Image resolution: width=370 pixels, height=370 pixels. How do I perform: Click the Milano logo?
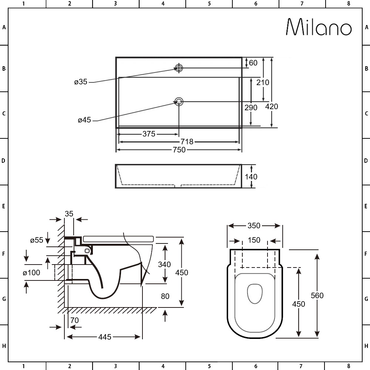319,27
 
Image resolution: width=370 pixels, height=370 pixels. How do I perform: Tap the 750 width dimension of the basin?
179,150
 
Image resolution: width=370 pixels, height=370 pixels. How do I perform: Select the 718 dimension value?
187,142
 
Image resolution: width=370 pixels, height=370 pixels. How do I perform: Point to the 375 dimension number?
149,134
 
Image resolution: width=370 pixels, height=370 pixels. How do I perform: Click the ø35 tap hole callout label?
81,82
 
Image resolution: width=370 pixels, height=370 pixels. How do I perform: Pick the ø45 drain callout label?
84,120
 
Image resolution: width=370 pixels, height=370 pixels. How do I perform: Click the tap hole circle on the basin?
179,68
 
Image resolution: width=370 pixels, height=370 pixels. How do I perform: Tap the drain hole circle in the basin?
179,102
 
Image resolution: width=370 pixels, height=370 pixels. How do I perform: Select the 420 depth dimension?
272,107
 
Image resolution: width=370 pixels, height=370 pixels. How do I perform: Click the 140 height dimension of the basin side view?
251,177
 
